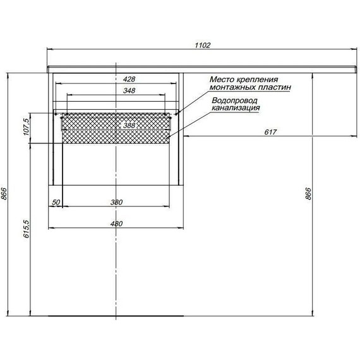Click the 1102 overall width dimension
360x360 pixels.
[x=203, y=45]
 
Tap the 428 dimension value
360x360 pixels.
[x=129, y=79]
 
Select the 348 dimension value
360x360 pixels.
[x=129, y=91]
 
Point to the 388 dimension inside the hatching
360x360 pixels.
[x=129, y=125]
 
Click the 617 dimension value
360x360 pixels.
[x=270, y=132]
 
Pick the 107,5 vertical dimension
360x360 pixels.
[x=27, y=127]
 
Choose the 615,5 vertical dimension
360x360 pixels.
[x=27, y=229]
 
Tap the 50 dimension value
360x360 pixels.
[x=56, y=202]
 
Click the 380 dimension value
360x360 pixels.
[x=116, y=202]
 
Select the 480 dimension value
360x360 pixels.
[x=116, y=224]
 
